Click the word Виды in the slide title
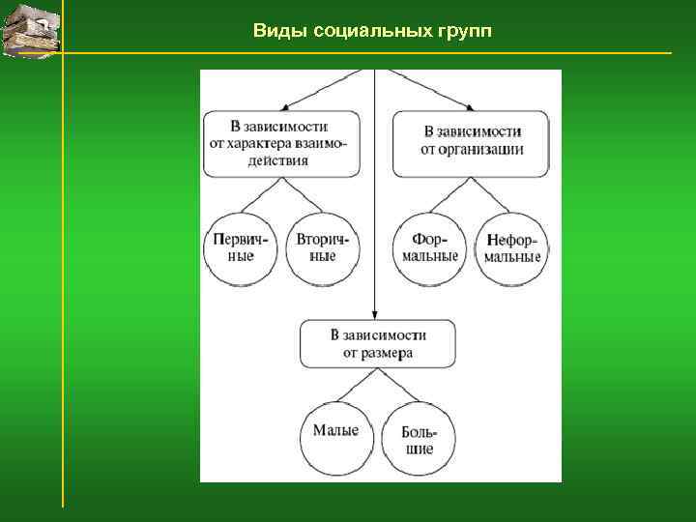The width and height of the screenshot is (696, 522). coord(275,31)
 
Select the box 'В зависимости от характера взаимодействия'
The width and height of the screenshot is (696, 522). coord(279,143)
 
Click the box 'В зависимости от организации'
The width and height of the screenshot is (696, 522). coord(471,143)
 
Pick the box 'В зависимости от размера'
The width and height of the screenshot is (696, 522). coord(377,344)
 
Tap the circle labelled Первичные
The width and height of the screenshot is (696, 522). coord(241,248)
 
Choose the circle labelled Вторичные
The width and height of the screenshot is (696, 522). coord(323,248)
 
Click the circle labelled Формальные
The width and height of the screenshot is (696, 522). coord(431,248)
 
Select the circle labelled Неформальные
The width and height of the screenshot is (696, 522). coord(512,248)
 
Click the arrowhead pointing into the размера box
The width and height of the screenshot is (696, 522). coord(374,316)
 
